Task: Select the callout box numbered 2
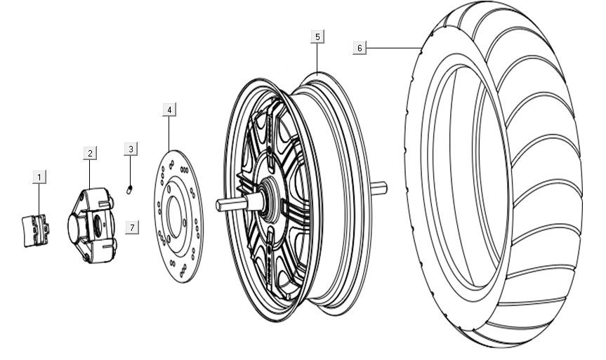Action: point(90,153)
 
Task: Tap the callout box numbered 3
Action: point(131,149)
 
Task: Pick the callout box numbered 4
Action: point(169,109)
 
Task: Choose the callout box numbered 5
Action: point(317,36)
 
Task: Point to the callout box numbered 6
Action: point(360,48)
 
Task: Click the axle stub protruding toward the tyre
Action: point(380,187)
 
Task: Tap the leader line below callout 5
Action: point(317,58)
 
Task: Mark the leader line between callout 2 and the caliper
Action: point(90,175)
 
